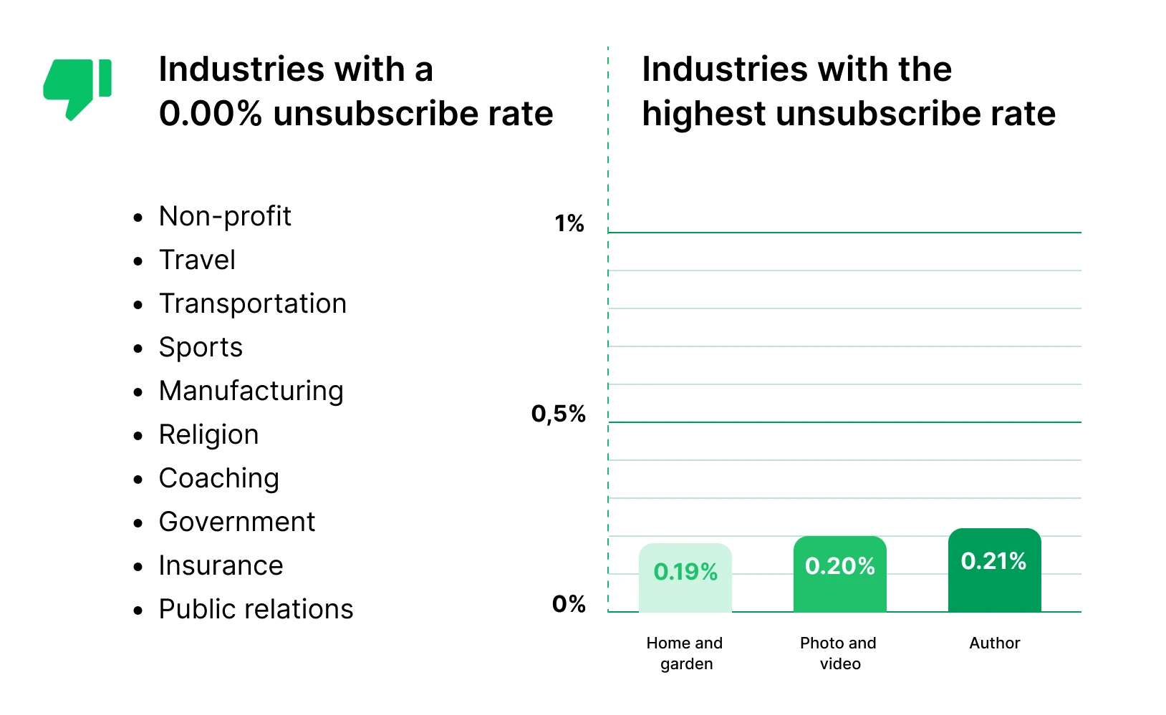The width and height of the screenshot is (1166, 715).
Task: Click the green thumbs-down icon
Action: pyautogui.click(x=77, y=87)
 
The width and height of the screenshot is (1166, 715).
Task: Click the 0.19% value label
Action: pyautogui.click(x=685, y=572)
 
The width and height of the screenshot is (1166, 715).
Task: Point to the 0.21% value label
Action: pyautogui.click(x=993, y=561)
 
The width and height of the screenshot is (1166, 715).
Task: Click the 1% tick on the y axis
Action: pyautogui.click(x=569, y=224)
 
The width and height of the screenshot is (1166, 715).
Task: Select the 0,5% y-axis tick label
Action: pyautogui.click(x=559, y=414)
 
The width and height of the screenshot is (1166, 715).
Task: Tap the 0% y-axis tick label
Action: pyautogui.click(x=569, y=604)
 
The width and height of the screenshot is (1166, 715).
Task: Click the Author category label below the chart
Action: pyautogui.click(x=994, y=643)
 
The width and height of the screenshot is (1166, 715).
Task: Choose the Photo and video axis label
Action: pyautogui.click(x=839, y=653)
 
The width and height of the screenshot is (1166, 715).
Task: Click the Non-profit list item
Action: pyautogui.click(x=225, y=216)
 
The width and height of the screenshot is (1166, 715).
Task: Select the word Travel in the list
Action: pyautogui.click(x=197, y=260)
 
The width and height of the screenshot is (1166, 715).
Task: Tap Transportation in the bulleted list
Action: pyautogui.click(x=253, y=303)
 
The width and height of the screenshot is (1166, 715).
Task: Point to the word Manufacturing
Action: pyautogui.click(x=251, y=391)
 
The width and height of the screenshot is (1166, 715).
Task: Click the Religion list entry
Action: pyautogui.click(x=208, y=434)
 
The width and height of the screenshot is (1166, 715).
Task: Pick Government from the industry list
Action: pyautogui.click(x=237, y=522)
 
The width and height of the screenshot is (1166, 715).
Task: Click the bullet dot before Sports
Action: pyautogui.click(x=138, y=349)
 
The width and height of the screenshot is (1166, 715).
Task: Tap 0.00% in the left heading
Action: pyautogui.click(x=211, y=114)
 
